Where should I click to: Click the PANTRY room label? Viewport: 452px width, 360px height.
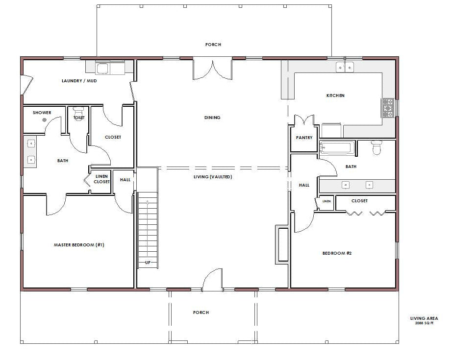point(304,138)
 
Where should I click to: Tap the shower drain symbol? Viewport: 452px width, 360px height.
point(45,120)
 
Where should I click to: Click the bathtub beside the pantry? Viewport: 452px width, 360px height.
point(337,148)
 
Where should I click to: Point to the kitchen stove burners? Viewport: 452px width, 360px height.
point(388,108)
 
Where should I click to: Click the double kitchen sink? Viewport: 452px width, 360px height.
point(345,68)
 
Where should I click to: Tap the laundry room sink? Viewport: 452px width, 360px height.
point(102,69)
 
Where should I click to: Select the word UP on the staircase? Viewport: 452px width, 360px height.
point(148,263)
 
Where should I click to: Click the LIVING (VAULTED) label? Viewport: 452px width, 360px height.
point(213,177)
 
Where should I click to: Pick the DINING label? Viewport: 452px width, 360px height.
point(212,118)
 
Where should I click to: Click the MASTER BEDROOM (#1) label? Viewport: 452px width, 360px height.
point(79,245)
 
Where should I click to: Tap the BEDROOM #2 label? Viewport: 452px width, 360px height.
point(337,253)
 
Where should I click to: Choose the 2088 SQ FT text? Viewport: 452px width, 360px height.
point(424,323)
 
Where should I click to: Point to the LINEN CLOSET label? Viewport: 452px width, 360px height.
point(101,179)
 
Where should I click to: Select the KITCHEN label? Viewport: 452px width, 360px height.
point(335,96)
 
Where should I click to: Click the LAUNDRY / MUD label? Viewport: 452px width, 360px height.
point(79,81)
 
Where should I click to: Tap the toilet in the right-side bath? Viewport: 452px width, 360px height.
point(376,147)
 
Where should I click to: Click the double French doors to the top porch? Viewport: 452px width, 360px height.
point(212,69)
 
